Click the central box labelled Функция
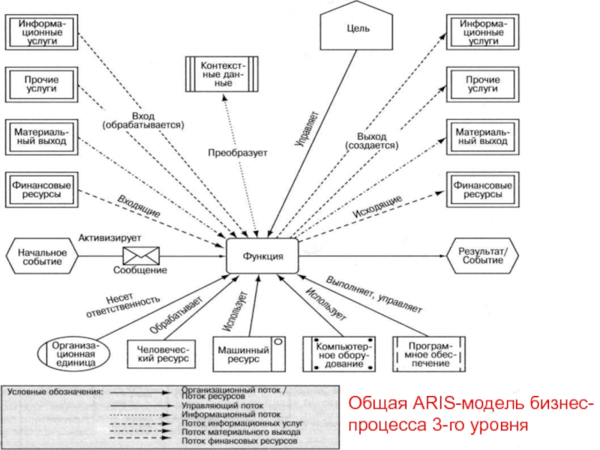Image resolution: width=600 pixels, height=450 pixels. click(x=262, y=256)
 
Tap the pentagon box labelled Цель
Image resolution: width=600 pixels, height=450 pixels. click(x=357, y=29)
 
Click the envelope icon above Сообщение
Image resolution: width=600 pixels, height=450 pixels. click(x=139, y=253)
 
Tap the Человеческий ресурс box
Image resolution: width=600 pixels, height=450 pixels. click(x=161, y=353)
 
